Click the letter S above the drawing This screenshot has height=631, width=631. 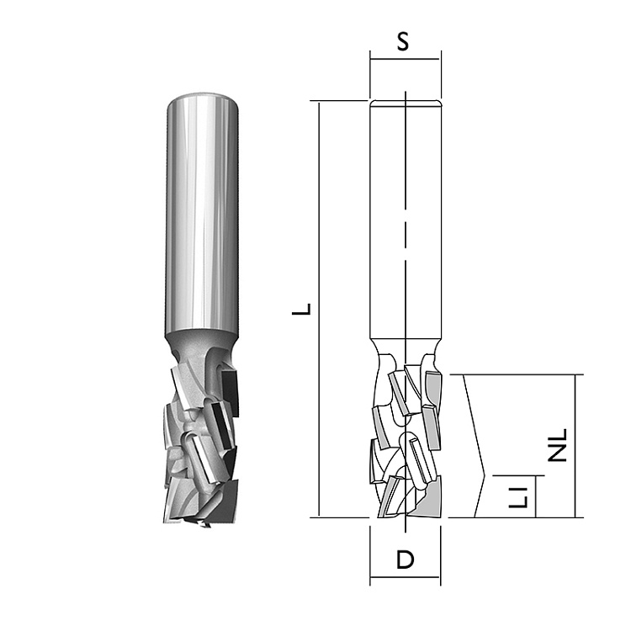[x=403, y=41]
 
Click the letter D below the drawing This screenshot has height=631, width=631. [x=405, y=559]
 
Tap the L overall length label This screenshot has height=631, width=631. [x=302, y=309]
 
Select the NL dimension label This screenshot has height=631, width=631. [x=558, y=445]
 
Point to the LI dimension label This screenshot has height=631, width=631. [x=518, y=497]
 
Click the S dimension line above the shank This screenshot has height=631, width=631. [x=406, y=59]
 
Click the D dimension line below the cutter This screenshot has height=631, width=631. [x=406, y=577]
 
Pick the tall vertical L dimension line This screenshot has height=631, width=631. [x=319, y=309]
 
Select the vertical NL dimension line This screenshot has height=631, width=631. [x=575, y=446]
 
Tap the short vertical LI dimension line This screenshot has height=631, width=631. [x=536, y=496]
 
